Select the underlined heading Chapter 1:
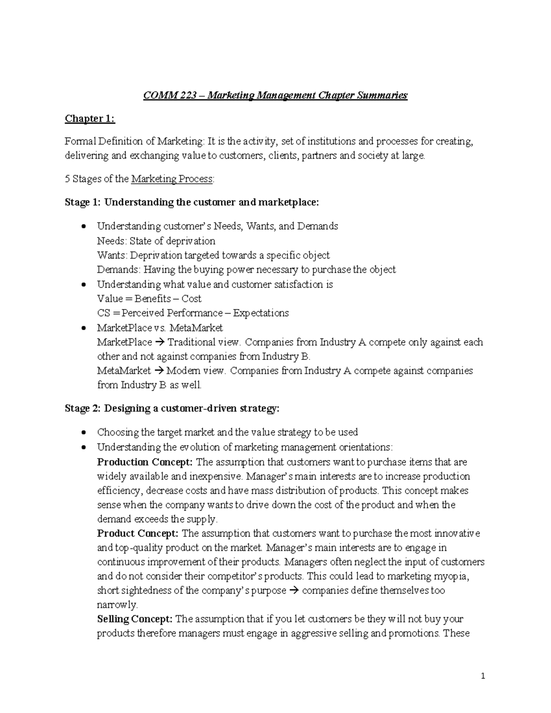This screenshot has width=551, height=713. click(x=90, y=118)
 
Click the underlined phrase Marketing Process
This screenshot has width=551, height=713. click(x=172, y=179)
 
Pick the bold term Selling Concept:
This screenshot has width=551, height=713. click(x=135, y=619)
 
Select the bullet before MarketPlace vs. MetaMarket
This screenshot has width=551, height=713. click(x=83, y=328)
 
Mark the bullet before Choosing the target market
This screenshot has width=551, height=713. click(x=83, y=432)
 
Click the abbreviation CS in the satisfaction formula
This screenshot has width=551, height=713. click(x=103, y=313)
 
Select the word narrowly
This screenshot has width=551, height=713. click(x=117, y=605)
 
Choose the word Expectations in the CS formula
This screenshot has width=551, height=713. click(x=261, y=313)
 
